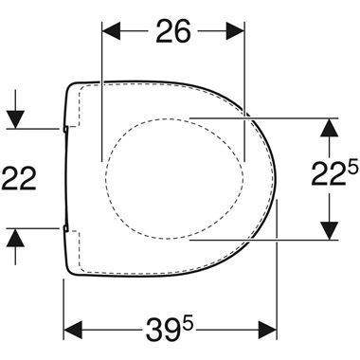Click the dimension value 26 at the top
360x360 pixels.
172,32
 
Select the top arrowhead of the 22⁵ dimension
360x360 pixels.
328,127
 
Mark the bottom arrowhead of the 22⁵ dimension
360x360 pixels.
328,229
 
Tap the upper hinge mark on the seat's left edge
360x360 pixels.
64,127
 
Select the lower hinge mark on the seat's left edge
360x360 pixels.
64,228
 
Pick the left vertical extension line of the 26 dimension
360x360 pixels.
100,95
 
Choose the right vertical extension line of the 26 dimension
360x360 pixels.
246,95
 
